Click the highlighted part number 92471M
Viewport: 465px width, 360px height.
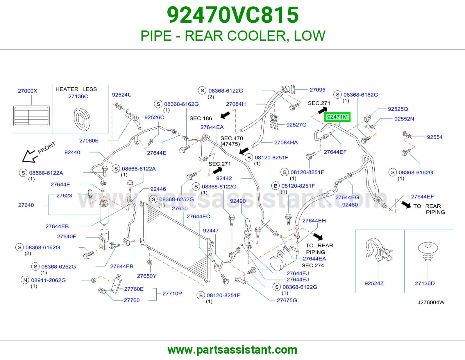[x=337, y=117]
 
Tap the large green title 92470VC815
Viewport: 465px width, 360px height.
[x=233, y=15]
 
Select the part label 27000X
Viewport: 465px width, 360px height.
[x=27, y=91]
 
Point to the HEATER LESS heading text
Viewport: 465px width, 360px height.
[x=76, y=89]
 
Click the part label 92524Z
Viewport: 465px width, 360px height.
[x=374, y=283]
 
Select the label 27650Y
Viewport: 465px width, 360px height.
[x=146, y=276]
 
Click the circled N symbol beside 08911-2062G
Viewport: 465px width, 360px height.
[x=25, y=280]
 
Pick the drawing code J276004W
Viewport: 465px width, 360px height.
[x=431, y=302]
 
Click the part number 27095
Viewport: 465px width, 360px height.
[x=317, y=90]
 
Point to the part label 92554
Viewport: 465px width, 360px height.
[x=434, y=137]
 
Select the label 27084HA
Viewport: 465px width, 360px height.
[x=286, y=142]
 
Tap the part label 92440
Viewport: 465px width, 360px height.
[x=72, y=152]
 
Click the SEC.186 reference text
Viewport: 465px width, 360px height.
[x=201, y=118]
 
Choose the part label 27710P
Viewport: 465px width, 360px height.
[x=172, y=294]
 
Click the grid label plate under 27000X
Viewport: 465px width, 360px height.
[x=31, y=116]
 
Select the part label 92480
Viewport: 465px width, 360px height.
[x=350, y=205]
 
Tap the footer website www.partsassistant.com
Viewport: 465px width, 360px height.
[x=233, y=350]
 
